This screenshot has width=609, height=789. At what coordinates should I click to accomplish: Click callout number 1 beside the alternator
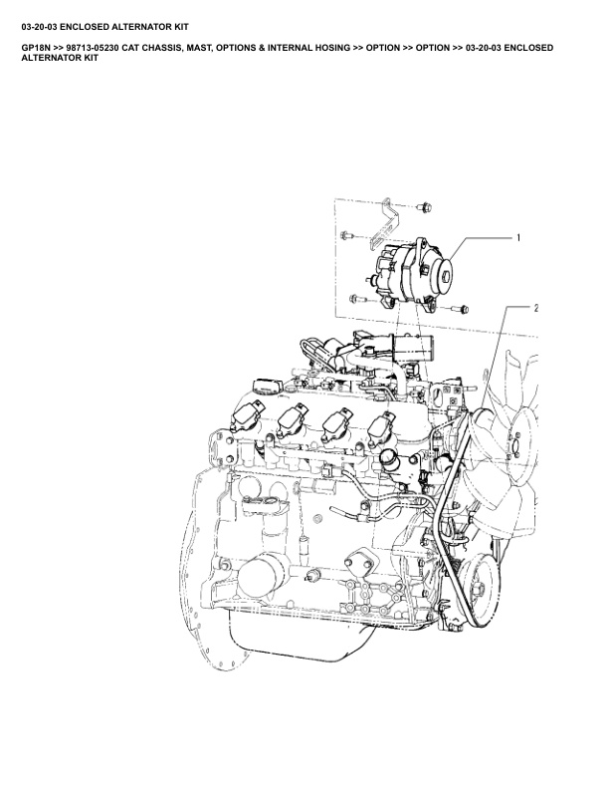(518, 238)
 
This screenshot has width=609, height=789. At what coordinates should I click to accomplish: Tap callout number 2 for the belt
(536, 308)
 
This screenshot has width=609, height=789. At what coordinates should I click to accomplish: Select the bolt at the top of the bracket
(425, 207)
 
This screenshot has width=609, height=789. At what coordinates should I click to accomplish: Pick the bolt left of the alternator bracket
(346, 235)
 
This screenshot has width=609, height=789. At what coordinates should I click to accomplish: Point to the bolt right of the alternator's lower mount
(460, 309)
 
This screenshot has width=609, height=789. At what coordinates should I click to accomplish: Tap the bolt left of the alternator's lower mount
(358, 299)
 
